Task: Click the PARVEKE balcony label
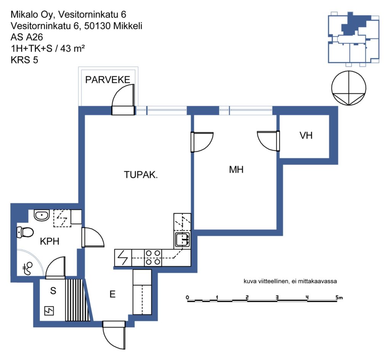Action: pos(108,80)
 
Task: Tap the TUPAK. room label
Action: pos(141,174)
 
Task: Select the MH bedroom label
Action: pos(236,170)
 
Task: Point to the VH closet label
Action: pos(306,136)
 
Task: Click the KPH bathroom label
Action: pos(50,241)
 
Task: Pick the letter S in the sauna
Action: pos(53,291)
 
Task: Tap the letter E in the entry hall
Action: pos(112,294)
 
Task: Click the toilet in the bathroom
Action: pos(25,232)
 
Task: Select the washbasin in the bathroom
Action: pos(42,215)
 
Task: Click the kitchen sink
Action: pos(182,240)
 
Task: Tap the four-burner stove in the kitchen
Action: pos(153,258)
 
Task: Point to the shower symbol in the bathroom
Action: pos(27,269)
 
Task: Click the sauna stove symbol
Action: pos(49,311)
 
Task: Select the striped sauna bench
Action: pos(77,300)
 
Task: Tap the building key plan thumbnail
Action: pos(353,39)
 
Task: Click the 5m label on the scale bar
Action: pos(339,297)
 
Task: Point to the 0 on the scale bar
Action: pos(187,297)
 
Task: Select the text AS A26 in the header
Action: pos(27,37)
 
